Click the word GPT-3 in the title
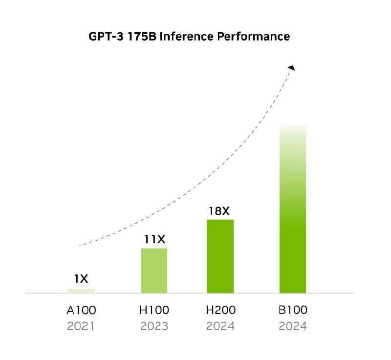[x=105, y=37]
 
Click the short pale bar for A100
[x=81, y=291]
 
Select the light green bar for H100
[x=154, y=270]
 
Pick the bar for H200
[x=220, y=256]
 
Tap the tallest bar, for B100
[x=293, y=208]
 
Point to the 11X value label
[x=154, y=239]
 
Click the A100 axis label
[x=82, y=310]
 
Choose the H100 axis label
[x=154, y=310]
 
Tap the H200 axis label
[x=221, y=310]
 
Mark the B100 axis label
[x=293, y=310]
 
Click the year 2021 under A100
[x=82, y=326]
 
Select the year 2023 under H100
[x=154, y=326]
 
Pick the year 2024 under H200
[x=221, y=326]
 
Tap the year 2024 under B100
[x=293, y=326]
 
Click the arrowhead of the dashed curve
[x=291, y=68]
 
